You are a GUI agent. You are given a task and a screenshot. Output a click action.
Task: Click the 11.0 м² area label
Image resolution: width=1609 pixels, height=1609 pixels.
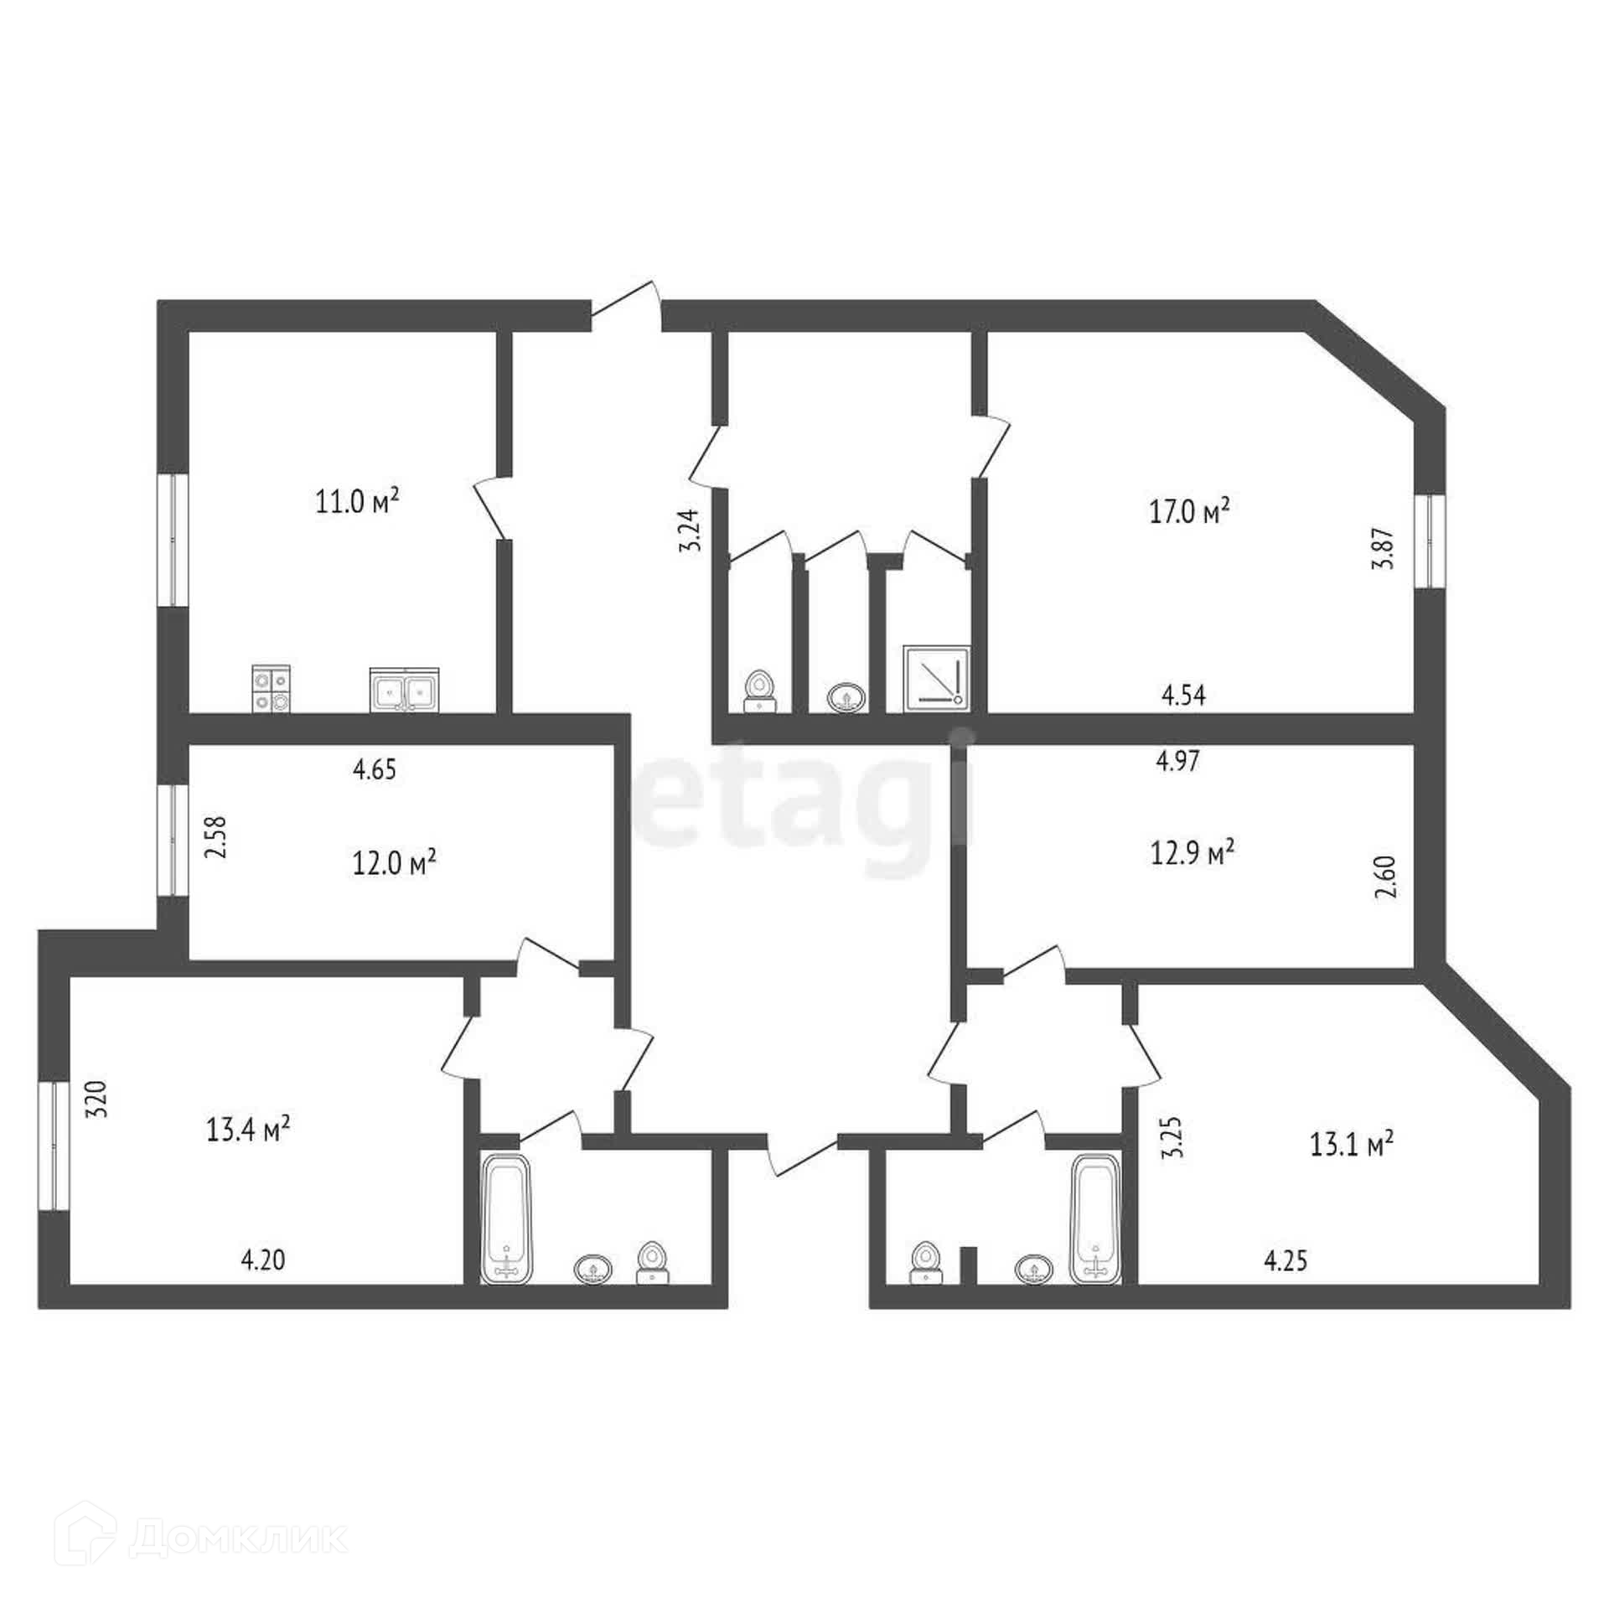[356, 502]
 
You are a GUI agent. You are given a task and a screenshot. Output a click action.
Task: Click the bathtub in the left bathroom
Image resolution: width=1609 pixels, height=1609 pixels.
[506, 1219]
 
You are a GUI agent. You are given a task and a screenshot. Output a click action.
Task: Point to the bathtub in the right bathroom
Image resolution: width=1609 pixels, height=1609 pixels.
[1096, 1219]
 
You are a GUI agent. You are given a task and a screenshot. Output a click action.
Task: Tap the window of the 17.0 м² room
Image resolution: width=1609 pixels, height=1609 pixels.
[1431, 540]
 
